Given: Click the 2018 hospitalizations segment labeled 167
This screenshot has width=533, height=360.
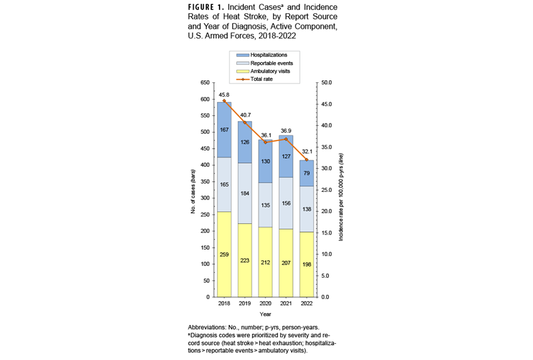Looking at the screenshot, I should (224, 130).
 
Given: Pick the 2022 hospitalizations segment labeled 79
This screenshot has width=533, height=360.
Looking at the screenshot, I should (307, 173).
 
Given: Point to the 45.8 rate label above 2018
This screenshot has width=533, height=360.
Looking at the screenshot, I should (224, 95).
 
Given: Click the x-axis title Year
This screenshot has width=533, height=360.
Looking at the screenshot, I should (265, 314).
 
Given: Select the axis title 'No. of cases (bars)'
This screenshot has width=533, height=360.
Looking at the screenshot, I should (193, 190).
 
